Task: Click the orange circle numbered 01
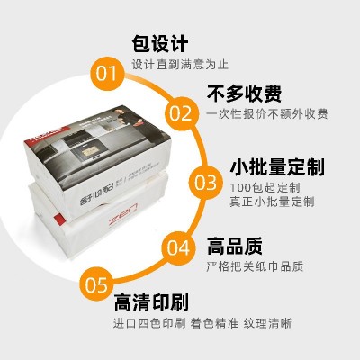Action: point(107,73)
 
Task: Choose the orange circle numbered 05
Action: point(97,285)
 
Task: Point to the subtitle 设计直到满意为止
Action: point(179,66)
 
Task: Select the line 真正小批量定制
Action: point(271,202)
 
